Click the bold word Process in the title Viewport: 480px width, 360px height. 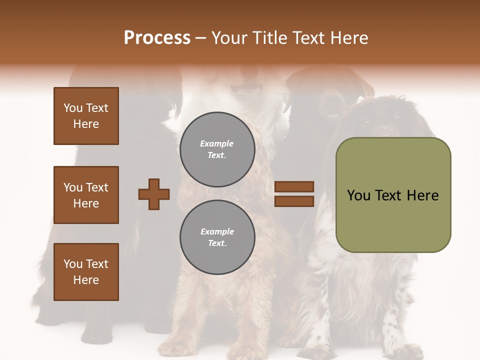click(157, 38)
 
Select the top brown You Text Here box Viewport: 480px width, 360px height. click(86, 116)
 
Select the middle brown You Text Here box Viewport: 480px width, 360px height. click(86, 195)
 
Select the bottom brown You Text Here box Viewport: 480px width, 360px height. click(86, 271)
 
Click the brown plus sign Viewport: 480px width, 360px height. click(154, 194)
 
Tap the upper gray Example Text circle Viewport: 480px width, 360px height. click(217, 149)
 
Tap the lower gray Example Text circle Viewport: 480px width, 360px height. click(217, 237)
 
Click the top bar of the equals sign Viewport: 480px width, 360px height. click(294, 186)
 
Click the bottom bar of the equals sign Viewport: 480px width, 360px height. click(294, 201)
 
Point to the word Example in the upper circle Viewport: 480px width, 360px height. click(216, 143)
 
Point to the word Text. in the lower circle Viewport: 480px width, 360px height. click(217, 243)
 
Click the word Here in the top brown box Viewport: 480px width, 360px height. click(86, 124)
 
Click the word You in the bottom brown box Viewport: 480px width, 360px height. click(73, 264)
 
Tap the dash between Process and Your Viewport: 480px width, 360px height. click(201, 38)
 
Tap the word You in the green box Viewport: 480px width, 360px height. click(358, 195)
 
